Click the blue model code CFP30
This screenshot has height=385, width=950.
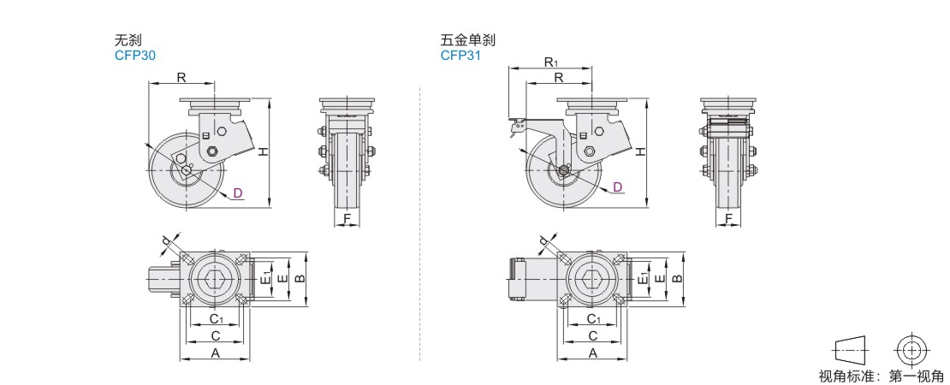(x=135, y=56)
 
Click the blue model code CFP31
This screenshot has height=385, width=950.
(x=461, y=56)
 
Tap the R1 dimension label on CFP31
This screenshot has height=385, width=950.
(x=550, y=62)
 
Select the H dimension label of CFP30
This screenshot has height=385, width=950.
(x=263, y=152)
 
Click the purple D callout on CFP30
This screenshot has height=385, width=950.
(x=238, y=193)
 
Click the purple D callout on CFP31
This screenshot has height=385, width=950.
(x=617, y=187)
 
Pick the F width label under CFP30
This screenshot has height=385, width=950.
(x=347, y=218)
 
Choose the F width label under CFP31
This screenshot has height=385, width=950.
(x=729, y=218)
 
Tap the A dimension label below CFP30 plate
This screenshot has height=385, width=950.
(x=215, y=353)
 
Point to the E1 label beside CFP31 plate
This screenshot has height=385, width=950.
(x=644, y=278)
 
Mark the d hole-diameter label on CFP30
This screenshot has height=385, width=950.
(x=166, y=243)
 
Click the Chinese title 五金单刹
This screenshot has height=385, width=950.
(x=468, y=40)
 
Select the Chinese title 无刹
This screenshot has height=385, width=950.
(x=128, y=40)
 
